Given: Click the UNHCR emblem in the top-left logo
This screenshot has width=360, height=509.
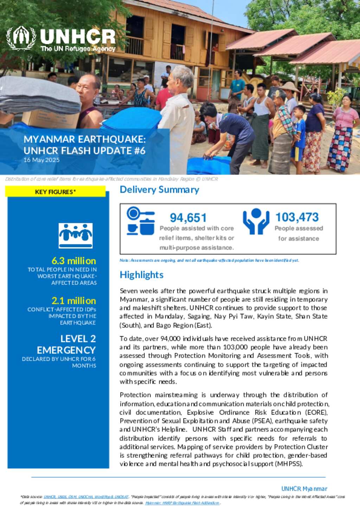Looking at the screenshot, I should click(21, 38).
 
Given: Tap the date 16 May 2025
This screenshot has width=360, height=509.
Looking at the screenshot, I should click(41, 160).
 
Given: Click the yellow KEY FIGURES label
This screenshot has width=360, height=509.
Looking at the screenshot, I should click(55, 192).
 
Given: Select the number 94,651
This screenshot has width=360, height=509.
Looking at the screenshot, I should click(188, 218).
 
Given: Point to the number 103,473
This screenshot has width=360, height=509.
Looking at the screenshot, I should click(297, 217).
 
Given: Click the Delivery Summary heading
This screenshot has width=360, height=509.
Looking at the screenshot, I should click(159, 190).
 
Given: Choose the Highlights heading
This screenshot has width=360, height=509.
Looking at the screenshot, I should click(142, 275).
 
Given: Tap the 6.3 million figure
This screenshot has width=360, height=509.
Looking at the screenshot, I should click(73, 261).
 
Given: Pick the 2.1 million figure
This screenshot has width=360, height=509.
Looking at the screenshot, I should click(73, 301).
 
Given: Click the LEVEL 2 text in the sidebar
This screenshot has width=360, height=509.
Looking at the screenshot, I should click(78, 339).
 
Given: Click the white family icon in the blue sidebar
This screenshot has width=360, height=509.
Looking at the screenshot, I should click(76, 235).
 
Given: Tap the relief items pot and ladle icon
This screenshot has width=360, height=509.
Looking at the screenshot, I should click(141, 221).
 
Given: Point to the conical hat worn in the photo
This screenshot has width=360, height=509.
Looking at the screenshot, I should click(289, 87).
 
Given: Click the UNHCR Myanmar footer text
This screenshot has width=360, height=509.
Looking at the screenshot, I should click(304, 489).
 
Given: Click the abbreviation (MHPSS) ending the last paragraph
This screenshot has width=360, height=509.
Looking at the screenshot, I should click(289, 464).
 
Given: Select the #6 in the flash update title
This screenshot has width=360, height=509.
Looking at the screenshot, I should click(139, 150).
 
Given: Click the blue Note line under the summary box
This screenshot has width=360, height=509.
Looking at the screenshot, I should click(209, 260).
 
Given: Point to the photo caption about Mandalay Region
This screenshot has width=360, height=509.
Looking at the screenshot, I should click(111, 179).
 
